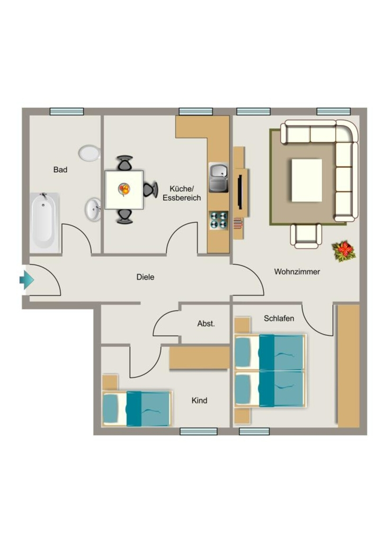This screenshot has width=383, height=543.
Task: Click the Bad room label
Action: point(60,170)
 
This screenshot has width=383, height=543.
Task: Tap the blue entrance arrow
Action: point(26,279)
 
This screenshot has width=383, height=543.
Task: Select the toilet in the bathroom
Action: point(90,153)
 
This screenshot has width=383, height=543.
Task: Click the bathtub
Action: point(44,222)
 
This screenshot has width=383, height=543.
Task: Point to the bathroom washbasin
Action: point(93,209)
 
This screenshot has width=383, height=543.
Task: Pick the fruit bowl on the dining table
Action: point(124,189)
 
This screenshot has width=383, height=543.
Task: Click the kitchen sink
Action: point(219,177)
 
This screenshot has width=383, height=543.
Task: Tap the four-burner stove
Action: point(219,221)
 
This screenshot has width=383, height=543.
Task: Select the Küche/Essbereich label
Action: point(182,193)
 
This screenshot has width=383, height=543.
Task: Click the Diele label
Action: point(145,277)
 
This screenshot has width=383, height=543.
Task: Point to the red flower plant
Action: point(344,251)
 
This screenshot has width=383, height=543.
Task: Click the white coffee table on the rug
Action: point(307,180)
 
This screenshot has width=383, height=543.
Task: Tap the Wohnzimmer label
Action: point(297,272)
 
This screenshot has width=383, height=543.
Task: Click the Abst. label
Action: point(206,324)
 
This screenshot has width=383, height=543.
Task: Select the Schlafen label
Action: point(279,318)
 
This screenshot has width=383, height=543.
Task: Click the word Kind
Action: point(199,400)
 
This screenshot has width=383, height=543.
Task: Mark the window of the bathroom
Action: point(67,111)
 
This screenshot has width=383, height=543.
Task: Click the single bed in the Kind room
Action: point(137,409)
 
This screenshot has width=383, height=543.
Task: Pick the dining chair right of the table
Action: point(150,189)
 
